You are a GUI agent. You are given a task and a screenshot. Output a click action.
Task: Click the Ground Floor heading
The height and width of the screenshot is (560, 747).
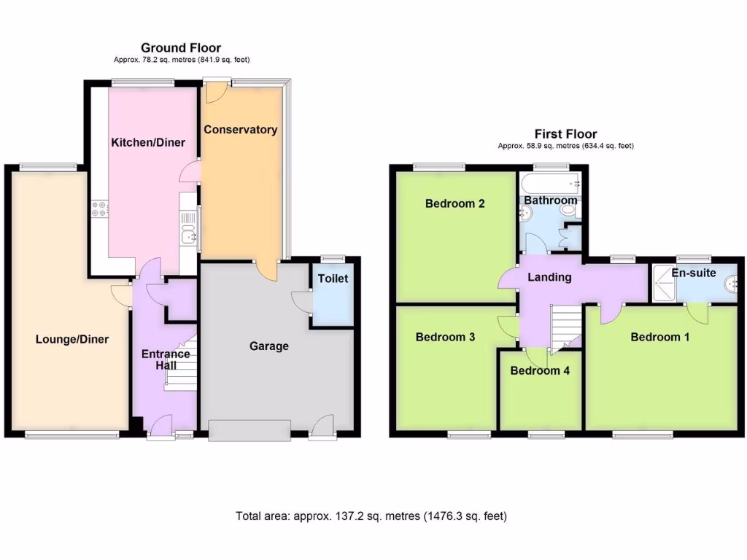tap(180, 48)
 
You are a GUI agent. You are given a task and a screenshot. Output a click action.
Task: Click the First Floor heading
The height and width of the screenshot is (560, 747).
tap(565, 133)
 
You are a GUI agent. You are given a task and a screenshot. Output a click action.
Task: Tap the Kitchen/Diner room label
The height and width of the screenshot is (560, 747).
tap(148, 142)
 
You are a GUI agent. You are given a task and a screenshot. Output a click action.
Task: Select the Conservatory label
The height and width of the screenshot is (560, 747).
tap(240, 130)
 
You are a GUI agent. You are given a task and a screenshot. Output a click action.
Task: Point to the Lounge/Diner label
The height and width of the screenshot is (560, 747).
tap(72, 338)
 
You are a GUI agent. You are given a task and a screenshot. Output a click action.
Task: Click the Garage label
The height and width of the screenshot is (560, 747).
tap(269, 346)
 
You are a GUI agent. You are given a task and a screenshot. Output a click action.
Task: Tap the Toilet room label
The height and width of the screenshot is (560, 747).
tap(333, 279)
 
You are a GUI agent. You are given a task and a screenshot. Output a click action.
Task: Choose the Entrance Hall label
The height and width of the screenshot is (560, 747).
tap(166, 359)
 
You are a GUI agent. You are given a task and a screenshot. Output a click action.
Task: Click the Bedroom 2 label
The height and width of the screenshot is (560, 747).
tap(454, 203)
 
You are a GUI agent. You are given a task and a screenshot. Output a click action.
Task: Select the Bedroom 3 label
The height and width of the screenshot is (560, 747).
tap(445, 337)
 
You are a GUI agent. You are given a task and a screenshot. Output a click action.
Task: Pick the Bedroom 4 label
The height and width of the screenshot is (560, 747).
tap(540, 370)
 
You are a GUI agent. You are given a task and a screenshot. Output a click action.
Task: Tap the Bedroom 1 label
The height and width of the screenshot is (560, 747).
tap(660, 337)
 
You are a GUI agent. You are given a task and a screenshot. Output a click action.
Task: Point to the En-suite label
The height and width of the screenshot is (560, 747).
tap(694, 273)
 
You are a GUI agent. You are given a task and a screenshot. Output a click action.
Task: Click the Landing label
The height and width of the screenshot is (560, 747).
tap(549, 277)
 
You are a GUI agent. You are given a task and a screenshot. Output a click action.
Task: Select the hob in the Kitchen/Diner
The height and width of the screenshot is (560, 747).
tap(98, 209)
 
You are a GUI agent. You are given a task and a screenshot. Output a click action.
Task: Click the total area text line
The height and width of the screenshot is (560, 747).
tap(371, 516)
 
